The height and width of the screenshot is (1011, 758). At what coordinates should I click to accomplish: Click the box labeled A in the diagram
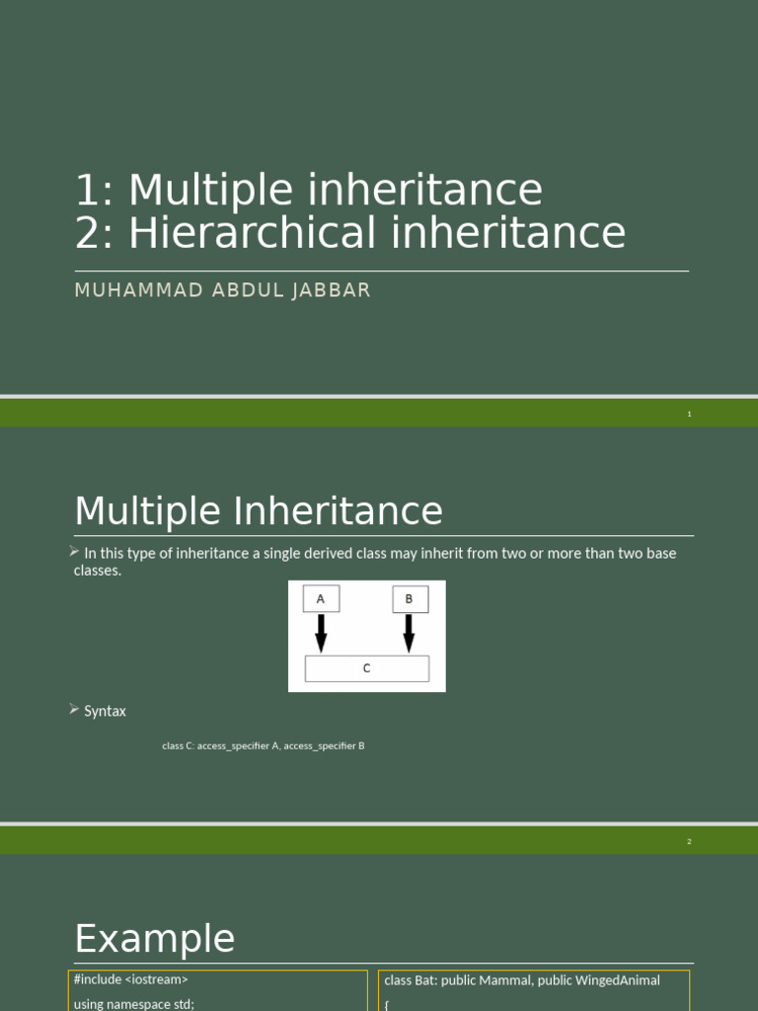(x=320, y=598)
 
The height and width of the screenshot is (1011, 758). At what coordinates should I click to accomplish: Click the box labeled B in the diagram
(x=409, y=598)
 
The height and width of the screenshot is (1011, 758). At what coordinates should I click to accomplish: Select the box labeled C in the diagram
(x=366, y=668)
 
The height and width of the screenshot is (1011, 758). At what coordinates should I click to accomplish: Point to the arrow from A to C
(x=321, y=632)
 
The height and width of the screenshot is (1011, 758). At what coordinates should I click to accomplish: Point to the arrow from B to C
(x=409, y=632)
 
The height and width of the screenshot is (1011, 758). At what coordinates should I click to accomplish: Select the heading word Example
(x=155, y=938)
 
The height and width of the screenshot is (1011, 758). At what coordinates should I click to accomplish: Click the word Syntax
(x=105, y=711)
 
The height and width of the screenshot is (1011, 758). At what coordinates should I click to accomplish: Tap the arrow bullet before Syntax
(x=75, y=709)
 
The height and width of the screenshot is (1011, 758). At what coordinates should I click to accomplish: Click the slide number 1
(x=689, y=414)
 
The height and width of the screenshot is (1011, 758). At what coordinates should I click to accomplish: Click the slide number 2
(x=689, y=841)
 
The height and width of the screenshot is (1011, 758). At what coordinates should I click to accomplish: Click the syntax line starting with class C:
(x=264, y=746)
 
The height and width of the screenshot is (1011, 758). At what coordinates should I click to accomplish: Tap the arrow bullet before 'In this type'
(x=75, y=551)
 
